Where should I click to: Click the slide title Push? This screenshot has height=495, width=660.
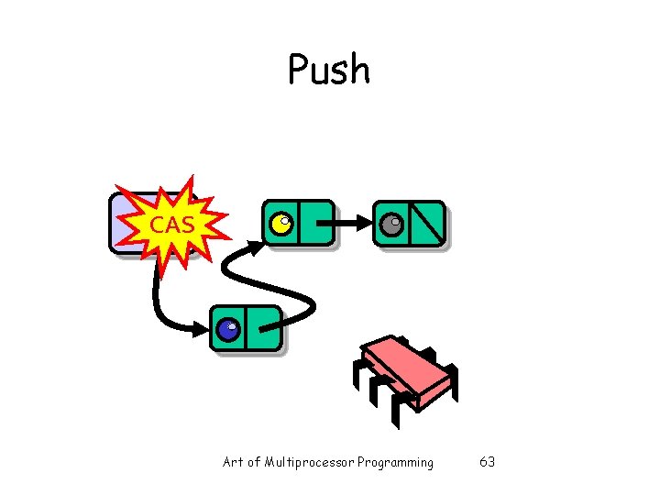pos(328,70)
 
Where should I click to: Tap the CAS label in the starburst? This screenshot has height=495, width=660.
pos(171,224)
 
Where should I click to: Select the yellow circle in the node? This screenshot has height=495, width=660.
pos(282,223)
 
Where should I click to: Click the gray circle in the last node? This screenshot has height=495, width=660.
pos(392,224)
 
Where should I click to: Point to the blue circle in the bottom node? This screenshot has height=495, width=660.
pos(228,328)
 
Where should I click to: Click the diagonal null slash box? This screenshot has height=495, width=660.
pos(428,224)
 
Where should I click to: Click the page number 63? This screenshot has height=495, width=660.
pos(487,462)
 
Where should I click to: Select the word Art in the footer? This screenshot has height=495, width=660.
pos(233,462)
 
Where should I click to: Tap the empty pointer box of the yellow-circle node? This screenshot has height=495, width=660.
pos(315,223)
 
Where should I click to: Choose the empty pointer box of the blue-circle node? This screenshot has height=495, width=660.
pos(263,328)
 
